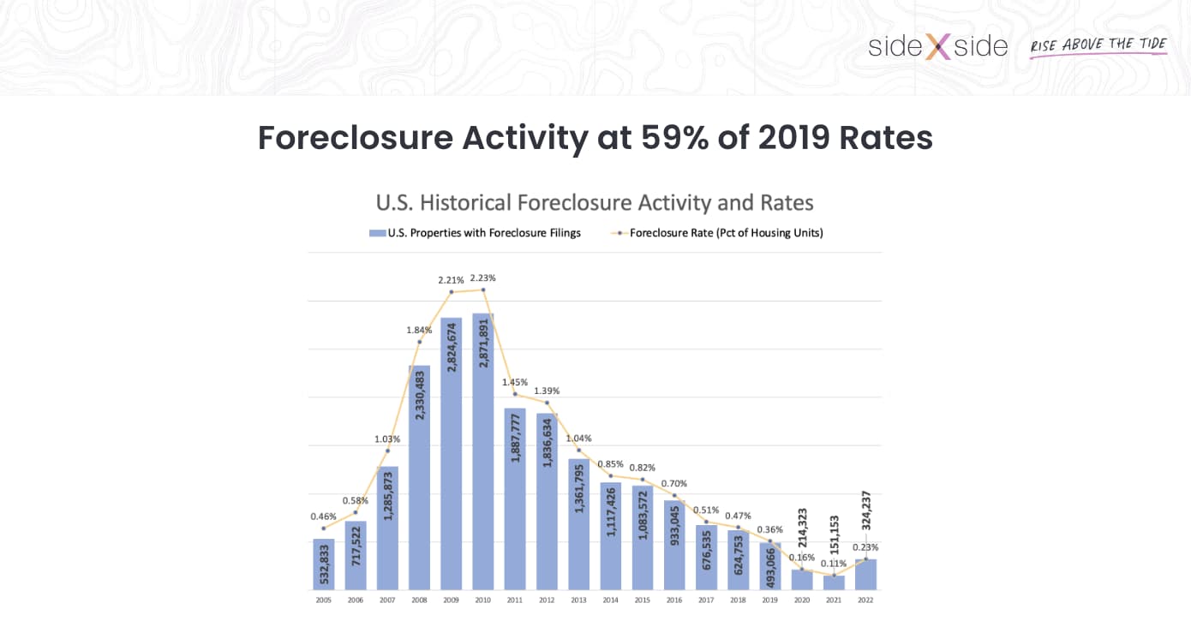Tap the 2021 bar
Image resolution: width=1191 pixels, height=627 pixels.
(x=834, y=582)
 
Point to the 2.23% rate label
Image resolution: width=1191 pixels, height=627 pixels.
(x=483, y=278)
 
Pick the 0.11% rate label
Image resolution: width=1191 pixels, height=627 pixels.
(x=834, y=564)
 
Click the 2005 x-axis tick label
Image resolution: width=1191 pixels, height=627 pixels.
(x=323, y=600)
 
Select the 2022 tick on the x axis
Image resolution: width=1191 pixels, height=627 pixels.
(x=865, y=600)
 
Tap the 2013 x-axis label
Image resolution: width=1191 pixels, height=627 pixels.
(x=578, y=600)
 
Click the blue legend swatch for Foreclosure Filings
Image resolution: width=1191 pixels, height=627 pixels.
(x=377, y=233)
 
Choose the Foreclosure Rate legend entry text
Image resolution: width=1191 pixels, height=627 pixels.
(x=726, y=233)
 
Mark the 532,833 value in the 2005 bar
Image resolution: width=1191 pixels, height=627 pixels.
(x=323, y=563)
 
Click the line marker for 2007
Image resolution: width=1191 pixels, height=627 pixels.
(x=387, y=451)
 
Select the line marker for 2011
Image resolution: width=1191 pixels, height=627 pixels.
(x=515, y=394)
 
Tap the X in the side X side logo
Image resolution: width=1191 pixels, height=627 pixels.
(x=937, y=46)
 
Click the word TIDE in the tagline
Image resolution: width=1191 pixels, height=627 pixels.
(x=1148, y=44)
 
